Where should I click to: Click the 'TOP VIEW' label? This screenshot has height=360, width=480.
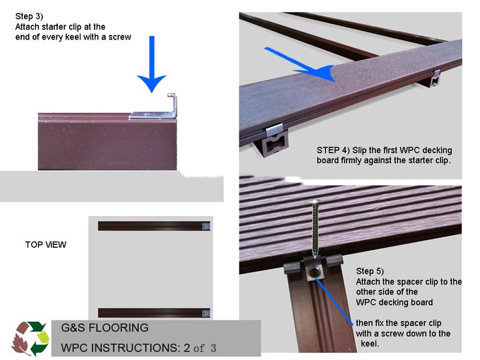pyautogui.click(x=46, y=244)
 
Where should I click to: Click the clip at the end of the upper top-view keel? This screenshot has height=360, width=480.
pyautogui.click(x=205, y=226)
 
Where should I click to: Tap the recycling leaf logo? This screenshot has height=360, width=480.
pyautogui.click(x=30, y=337)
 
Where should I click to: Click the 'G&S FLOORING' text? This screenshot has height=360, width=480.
pyautogui.click(x=104, y=328)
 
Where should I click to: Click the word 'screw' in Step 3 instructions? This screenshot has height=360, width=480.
pyautogui.click(x=119, y=36)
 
